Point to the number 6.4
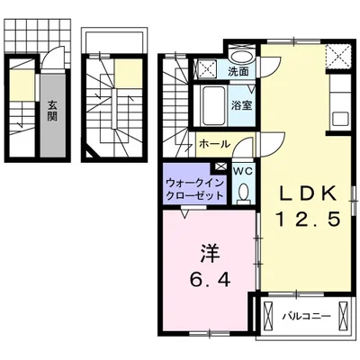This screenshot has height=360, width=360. (209, 280)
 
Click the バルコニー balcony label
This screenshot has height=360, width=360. (306, 316)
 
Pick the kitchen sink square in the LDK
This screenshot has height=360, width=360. (340, 118)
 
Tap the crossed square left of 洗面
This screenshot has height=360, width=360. (206, 67)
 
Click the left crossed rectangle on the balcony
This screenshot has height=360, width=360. (269, 317)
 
